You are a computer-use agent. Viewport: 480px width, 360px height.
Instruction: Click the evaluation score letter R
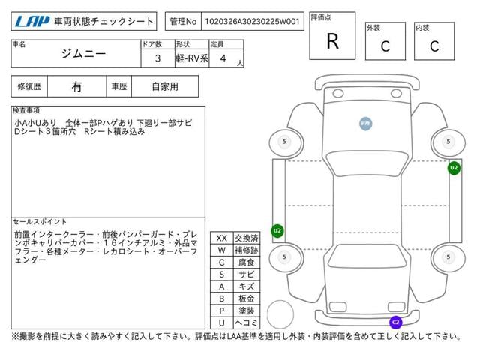coord(332,42)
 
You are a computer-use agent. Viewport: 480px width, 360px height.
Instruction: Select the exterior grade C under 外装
coord(385,46)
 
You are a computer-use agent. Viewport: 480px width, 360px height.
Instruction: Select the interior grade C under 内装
coord(434,46)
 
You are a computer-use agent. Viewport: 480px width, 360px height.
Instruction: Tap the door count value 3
coord(157,58)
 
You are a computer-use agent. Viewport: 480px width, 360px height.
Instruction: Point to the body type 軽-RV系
coord(191,58)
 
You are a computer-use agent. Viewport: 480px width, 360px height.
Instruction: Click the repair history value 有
coord(77,86)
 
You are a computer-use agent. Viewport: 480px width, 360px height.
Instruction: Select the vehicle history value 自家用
coord(165,86)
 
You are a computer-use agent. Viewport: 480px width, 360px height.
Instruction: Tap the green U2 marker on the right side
coord(454,168)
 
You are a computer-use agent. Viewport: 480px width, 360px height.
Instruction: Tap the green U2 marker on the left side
coord(277,230)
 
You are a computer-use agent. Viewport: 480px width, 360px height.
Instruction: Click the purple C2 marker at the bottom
coord(395,322)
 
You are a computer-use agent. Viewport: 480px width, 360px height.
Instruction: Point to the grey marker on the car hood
coord(365,123)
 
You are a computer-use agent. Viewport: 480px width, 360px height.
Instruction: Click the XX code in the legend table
coord(221,238)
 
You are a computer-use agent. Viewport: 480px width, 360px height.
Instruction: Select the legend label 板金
coord(245,298)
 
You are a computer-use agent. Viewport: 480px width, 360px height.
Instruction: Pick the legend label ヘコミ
coord(245,322)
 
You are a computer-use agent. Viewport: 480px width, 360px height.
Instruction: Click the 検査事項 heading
coord(28,110)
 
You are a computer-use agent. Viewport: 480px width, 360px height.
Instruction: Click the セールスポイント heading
coord(40,222)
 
